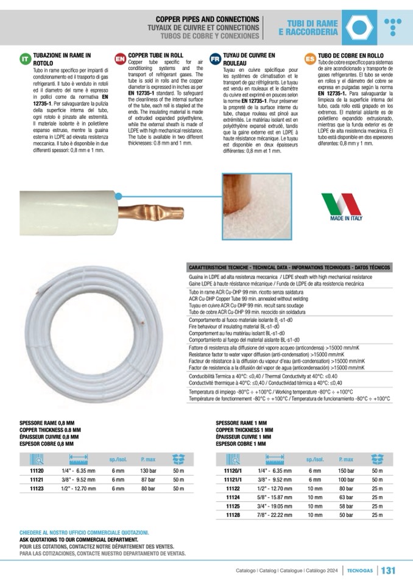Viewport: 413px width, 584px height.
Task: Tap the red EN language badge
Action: point(120,58)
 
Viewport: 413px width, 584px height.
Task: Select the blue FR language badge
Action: point(214,58)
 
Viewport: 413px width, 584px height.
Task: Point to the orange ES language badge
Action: point(309,58)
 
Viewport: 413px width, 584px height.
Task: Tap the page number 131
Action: point(388,570)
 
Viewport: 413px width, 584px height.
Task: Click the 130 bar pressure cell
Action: point(148,471)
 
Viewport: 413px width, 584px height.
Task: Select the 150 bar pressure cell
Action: point(346,471)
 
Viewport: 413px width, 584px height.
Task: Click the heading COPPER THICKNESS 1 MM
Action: point(242,430)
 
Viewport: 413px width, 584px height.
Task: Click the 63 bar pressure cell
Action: point(346,497)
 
